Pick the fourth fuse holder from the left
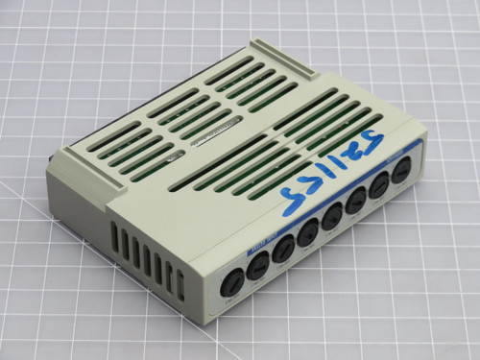[x=308, y=233]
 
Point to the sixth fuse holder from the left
[x=354, y=203]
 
